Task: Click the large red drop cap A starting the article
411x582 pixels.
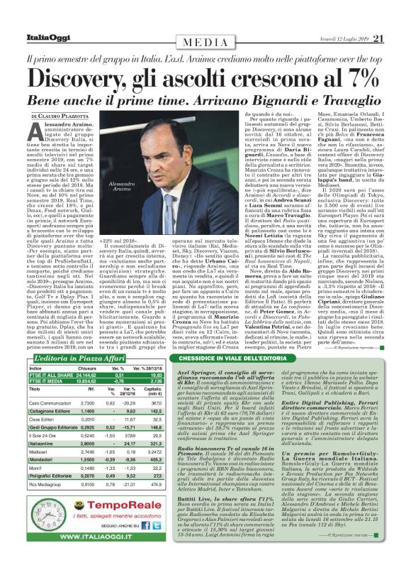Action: [36, 131]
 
